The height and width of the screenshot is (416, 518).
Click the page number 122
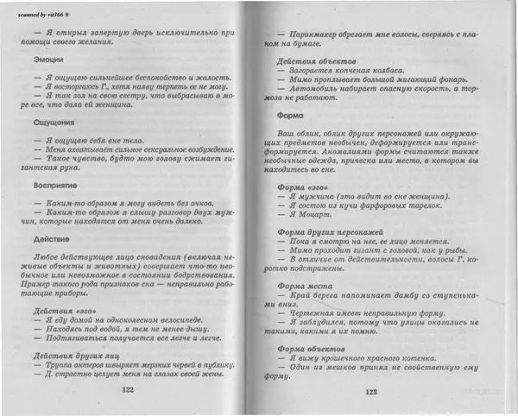(128, 390)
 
